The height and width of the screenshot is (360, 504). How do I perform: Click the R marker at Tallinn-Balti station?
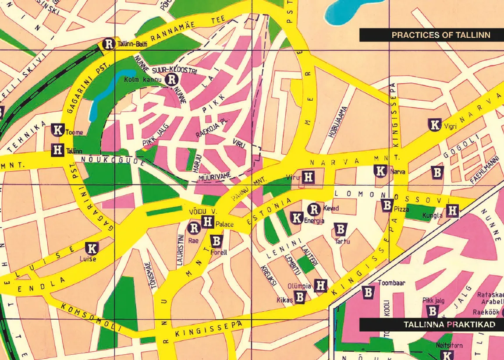click(x=108, y=44)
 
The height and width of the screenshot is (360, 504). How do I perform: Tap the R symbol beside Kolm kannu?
click(x=172, y=79)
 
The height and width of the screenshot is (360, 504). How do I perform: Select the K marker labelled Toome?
click(x=58, y=130)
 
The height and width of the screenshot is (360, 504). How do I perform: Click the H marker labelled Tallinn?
click(x=58, y=150)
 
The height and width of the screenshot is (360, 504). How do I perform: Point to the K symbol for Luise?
click(x=92, y=249)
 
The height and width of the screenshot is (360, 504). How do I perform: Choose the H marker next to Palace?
click(x=208, y=222)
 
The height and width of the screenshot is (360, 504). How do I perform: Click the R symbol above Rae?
click(x=194, y=228)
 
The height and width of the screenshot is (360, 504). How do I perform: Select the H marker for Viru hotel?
click(x=309, y=177)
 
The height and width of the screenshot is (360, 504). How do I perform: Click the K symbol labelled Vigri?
click(x=434, y=125)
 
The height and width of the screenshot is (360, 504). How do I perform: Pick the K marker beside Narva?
click(x=381, y=171)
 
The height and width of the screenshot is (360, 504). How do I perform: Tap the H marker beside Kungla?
click(x=453, y=211)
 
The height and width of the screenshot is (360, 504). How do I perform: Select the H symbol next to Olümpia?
click(x=321, y=286)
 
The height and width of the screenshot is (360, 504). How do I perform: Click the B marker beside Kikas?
click(x=300, y=297)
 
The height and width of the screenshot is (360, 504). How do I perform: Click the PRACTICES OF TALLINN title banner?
click(x=432, y=35)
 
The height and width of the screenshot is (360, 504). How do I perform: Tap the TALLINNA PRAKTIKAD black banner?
click(x=432, y=325)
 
